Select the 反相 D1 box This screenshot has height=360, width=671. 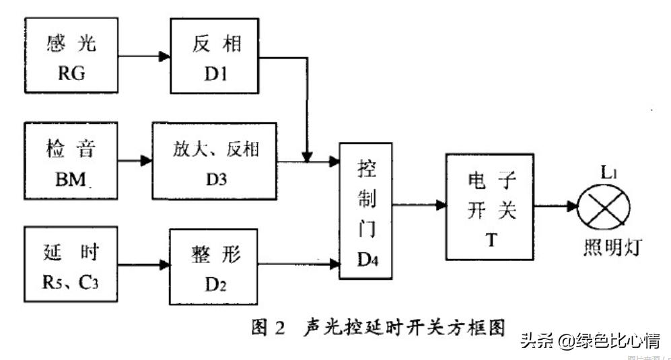pyautogui.click(x=214, y=57)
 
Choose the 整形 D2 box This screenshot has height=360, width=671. pyautogui.click(x=214, y=265)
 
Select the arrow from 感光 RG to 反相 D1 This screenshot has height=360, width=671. pyautogui.click(x=144, y=57)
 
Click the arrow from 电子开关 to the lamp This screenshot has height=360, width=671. pyautogui.click(x=556, y=206)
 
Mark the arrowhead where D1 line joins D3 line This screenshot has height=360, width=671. pyautogui.click(x=308, y=157)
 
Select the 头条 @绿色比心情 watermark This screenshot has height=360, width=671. pyautogui.click(x=590, y=340)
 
